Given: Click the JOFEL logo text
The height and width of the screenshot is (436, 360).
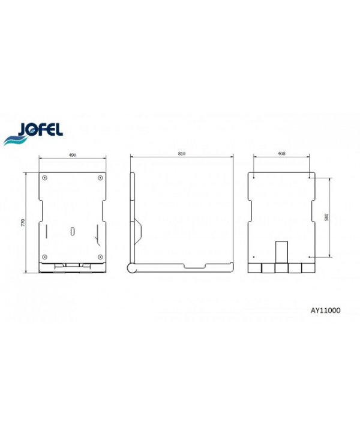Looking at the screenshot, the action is click(40, 129).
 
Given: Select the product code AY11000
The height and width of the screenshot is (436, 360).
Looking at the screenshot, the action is click(325, 310).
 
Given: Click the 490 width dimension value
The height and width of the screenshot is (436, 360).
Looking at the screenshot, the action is click(73, 155).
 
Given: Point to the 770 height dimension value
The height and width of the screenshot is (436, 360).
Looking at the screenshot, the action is click(23, 222).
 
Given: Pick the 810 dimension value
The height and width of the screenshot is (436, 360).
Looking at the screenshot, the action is click(182, 154).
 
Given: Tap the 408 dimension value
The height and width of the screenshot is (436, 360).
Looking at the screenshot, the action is click(281, 153).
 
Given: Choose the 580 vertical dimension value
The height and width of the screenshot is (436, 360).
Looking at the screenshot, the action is click(326, 217).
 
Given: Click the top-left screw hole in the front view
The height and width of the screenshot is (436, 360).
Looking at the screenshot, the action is click(44, 178).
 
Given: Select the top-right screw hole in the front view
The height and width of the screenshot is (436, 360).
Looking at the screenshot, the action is click(100, 178).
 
